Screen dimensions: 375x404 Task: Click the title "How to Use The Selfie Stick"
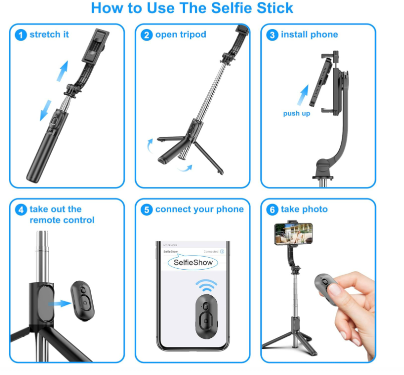click(x=192, y=9)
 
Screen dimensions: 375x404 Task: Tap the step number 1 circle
click(x=21, y=35)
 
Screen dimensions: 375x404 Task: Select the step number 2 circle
click(x=146, y=35)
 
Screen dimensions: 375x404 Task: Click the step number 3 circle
click(x=272, y=35)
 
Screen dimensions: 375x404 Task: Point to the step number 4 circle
click(x=21, y=210)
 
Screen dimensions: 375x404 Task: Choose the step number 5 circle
click(x=146, y=210)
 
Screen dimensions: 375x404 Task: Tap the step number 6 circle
click(x=272, y=210)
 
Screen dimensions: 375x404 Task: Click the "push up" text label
click(x=296, y=113)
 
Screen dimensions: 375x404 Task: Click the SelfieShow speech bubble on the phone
click(x=193, y=262)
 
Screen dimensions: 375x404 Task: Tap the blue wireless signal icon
click(x=206, y=287)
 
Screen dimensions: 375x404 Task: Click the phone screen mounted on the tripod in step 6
click(x=293, y=234)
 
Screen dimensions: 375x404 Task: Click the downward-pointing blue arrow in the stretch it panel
click(x=46, y=109)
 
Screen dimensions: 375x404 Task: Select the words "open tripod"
click(x=180, y=35)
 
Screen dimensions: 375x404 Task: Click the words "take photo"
click(x=304, y=209)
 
